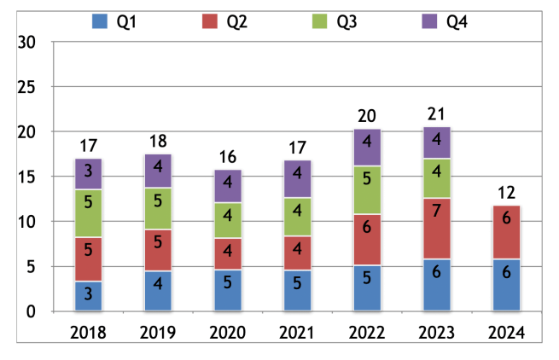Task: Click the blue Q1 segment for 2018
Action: point(89,296)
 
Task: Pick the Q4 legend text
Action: point(457,21)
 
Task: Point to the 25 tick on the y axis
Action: point(29,87)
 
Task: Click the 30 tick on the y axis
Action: point(29,43)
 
